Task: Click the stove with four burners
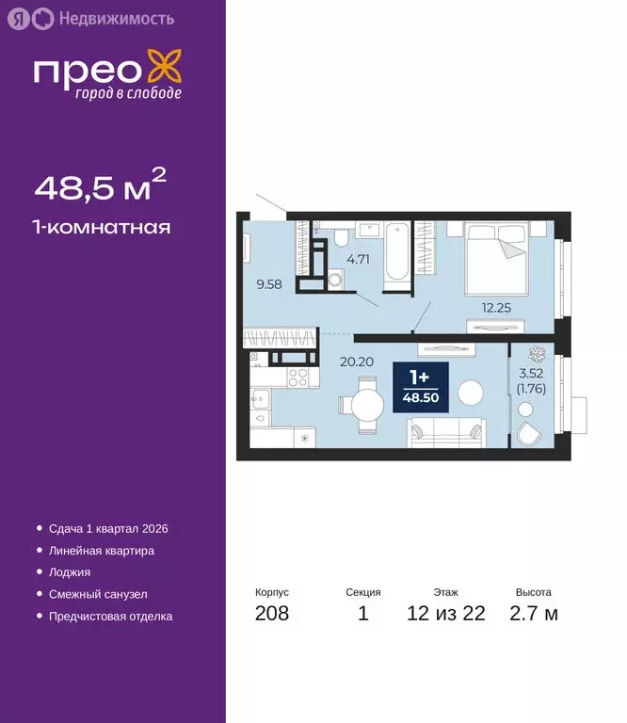298,377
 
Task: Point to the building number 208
271,615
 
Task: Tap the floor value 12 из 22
446,615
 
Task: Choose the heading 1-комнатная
103,227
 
